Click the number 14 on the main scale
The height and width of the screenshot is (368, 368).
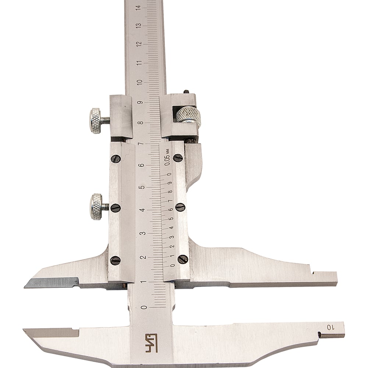(139, 7)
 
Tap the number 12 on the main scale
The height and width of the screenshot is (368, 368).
(139, 44)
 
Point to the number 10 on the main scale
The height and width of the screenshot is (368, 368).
(140, 82)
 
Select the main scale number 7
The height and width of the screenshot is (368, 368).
(141, 144)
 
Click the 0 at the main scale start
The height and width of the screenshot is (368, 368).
(145, 307)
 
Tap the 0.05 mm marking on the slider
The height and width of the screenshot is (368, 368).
(167, 157)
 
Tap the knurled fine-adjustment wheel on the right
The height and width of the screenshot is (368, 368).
(188, 114)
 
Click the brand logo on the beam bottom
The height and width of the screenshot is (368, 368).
(151, 343)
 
